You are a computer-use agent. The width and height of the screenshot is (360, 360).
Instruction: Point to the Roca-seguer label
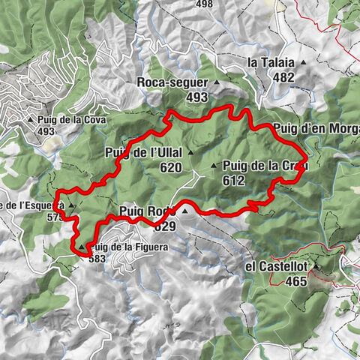click(173, 82)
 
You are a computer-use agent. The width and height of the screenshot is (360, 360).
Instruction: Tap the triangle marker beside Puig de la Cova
click(30, 118)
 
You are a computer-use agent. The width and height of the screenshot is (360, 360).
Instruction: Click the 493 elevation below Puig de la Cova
click(46, 131)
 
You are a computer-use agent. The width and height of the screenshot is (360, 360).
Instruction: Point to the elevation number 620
click(170, 168)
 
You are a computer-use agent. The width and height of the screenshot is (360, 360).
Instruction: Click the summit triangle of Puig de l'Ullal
click(190, 154)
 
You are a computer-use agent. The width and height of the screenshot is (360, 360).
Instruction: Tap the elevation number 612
click(233, 180)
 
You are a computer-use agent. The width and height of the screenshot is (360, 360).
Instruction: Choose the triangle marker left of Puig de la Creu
click(214, 166)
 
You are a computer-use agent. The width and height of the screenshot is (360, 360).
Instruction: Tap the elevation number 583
click(97, 259)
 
